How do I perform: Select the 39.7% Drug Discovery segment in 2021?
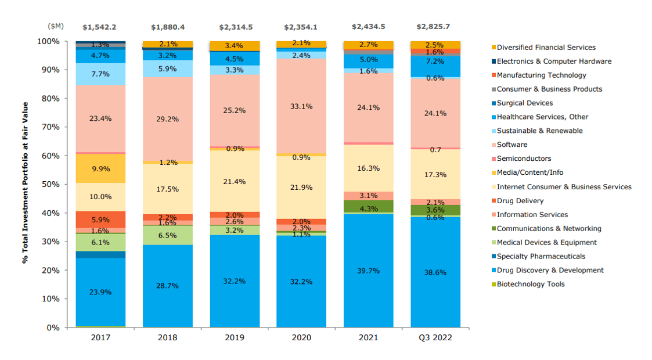click(368, 271)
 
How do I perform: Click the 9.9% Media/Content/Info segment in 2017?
click(100, 169)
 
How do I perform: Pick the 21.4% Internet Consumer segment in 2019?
click(234, 182)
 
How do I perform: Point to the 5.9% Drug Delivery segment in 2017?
click(100, 219)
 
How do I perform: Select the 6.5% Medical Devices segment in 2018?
click(167, 235)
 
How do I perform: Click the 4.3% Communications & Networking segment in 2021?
click(368, 208)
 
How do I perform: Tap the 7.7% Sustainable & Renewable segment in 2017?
click(100, 74)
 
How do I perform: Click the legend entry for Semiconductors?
click(524, 159)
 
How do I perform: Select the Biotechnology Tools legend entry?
click(530, 284)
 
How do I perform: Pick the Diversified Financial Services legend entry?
click(546, 47)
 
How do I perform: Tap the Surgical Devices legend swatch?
click(493, 103)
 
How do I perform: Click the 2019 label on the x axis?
click(234, 337)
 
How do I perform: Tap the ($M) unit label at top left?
click(56, 27)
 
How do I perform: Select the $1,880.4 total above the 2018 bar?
click(167, 27)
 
